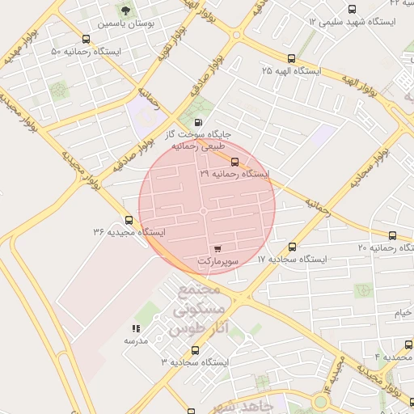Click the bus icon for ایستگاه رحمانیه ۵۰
[x=87, y=39]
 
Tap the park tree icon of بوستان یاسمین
[x=125, y=11]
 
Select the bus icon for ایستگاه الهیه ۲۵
[x=291, y=58]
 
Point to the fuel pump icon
[x=200, y=122]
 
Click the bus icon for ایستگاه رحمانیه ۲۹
[x=234, y=162]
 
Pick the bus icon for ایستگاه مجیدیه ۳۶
[x=129, y=220]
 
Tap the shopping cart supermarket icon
[x=218, y=249]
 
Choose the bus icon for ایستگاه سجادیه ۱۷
[x=292, y=247]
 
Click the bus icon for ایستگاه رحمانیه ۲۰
[x=392, y=235]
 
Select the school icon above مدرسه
[x=136, y=328]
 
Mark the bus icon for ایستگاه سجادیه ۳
[x=195, y=350]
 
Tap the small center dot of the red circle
[x=204, y=211]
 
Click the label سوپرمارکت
[x=218, y=262]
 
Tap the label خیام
[x=403, y=312]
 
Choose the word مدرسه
[x=135, y=341]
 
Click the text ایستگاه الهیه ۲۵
[x=291, y=71]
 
